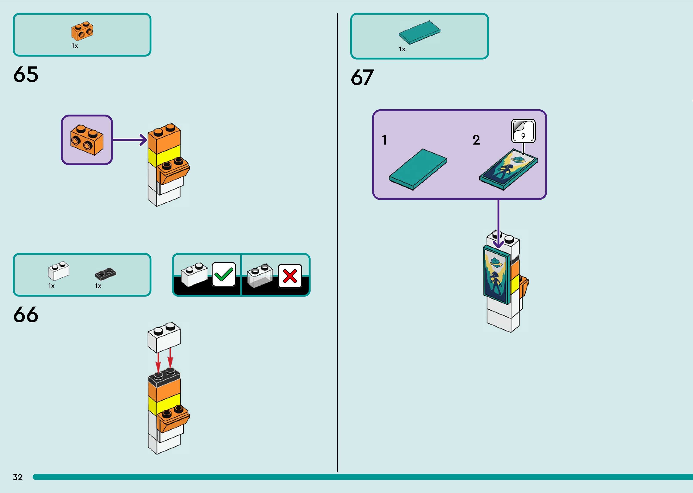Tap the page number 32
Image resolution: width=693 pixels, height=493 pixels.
point(18,477)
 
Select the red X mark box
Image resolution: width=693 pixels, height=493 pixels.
point(290,276)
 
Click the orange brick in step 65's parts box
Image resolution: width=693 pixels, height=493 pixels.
point(82,31)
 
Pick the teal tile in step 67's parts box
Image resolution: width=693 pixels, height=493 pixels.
point(419,32)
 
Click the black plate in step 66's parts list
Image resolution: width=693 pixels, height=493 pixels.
point(105,274)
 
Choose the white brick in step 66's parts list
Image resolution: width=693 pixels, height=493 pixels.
point(58,271)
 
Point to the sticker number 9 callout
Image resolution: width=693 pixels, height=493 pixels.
point(523,131)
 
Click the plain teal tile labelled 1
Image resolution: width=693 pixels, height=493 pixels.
point(418,169)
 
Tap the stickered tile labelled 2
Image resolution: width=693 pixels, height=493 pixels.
point(508,169)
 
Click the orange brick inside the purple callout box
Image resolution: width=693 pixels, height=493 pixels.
point(87,140)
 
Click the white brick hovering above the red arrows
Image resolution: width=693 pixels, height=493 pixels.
point(164,338)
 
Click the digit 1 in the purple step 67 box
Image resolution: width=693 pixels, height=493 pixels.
point(384,140)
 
